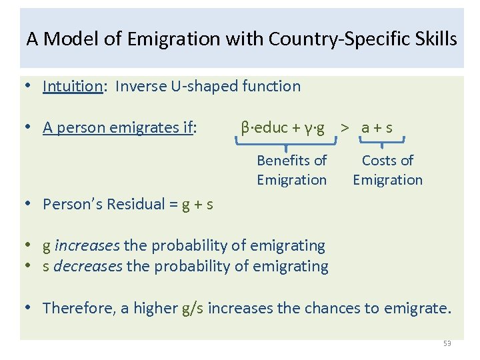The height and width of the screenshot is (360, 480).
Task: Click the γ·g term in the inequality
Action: [309, 127]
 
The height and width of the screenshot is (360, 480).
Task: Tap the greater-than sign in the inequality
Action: [345, 127]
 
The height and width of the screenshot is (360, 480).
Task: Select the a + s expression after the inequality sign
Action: [376, 127]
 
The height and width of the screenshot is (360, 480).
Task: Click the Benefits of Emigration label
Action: [291, 170]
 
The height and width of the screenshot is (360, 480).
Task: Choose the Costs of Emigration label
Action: [387, 170]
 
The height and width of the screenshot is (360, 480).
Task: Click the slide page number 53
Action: [447, 343]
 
